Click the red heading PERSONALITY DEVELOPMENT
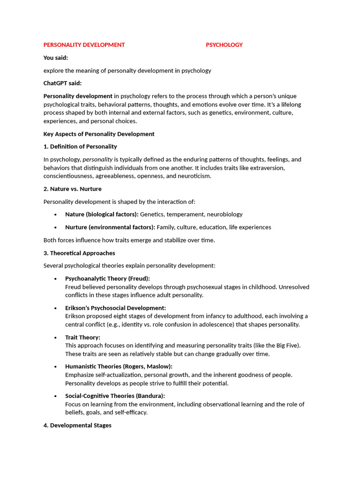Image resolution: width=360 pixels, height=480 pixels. click(x=84, y=45)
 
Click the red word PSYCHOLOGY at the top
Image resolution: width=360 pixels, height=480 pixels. click(x=224, y=45)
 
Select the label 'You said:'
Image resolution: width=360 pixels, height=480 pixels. click(x=56, y=58)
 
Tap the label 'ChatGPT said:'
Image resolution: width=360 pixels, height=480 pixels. click(x=62, y=83)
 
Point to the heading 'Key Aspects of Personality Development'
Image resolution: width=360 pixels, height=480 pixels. click(x=98, y=134)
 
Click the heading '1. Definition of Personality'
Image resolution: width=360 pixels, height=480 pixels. click(x=80, y=147)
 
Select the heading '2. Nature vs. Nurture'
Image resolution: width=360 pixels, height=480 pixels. click(x=72, y=189)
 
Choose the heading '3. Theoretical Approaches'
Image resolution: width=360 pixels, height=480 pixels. click(x=79, y=253)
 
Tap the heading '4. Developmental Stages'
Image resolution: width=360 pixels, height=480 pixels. click(x=77, y=425)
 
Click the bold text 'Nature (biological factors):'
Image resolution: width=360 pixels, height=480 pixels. click(x=102, y=214)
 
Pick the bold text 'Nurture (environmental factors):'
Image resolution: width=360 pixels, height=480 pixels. click(x=110, y=227)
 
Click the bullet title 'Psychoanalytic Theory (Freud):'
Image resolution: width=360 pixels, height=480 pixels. click(x=107, y=278)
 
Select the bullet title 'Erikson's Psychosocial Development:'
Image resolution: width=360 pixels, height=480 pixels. click(x=115, y=308)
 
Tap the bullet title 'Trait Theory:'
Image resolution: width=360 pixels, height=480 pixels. click(x=82, y=337)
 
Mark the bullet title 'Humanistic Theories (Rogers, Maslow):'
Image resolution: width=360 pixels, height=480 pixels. click(x=119, y=367)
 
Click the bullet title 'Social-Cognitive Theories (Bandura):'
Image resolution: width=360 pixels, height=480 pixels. click(x=115, y=396)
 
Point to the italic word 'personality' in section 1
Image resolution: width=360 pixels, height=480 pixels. click(x=97, y=159)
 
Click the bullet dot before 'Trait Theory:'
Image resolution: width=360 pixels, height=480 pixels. click(x=55, y=337)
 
